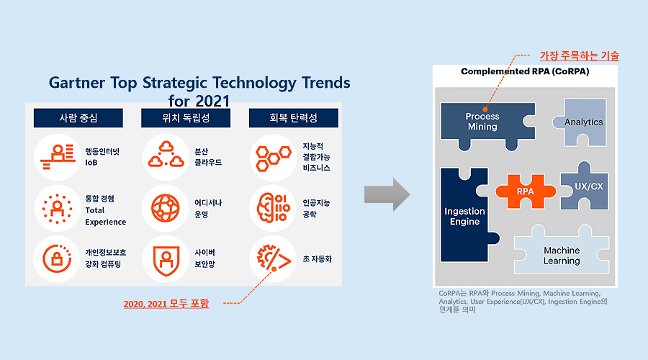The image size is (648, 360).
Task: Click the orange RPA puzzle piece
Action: [x=526, y=192]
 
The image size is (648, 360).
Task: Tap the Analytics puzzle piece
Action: [x=582, y=122]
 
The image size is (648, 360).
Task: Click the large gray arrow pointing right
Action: [x=387, y=194]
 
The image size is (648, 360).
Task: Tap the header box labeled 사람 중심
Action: [x=78, y=118]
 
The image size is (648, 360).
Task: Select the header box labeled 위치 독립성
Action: [x=186, y=118]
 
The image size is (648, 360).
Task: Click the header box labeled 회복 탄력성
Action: [x=294, y=118]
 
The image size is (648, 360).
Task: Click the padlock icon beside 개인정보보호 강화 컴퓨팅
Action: [x=57, y=258]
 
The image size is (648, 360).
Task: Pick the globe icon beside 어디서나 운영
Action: [x=166, y=208]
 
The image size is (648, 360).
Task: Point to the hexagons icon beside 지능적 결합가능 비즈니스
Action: [x=273, y=158]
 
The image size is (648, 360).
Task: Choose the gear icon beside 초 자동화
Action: [x=274, y=258]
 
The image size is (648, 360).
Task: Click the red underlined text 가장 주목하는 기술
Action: [x=580, y=55]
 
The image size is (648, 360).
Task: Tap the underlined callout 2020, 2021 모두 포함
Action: [x=166, y=304]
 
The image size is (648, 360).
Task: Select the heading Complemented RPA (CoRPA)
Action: [x=525, y=71]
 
